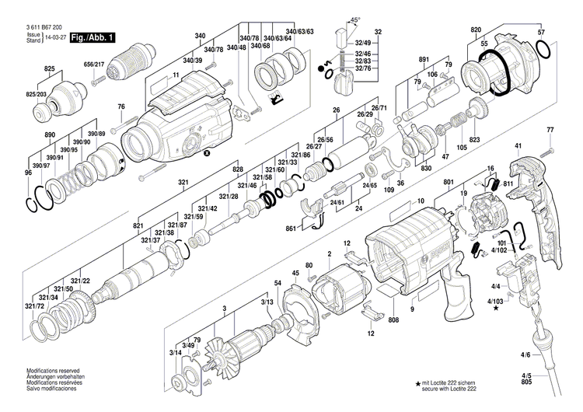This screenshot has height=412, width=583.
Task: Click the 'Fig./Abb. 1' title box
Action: (x=93, y=37)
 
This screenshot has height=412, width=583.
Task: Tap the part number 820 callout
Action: (x=476, y=30)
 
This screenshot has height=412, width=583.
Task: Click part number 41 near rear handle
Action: (x=518, y=145)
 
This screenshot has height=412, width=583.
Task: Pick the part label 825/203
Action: (x=37, y=94)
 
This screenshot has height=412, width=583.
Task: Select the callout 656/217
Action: (x=94, y=64)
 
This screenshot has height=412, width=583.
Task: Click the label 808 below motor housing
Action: (x=393, y=320)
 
